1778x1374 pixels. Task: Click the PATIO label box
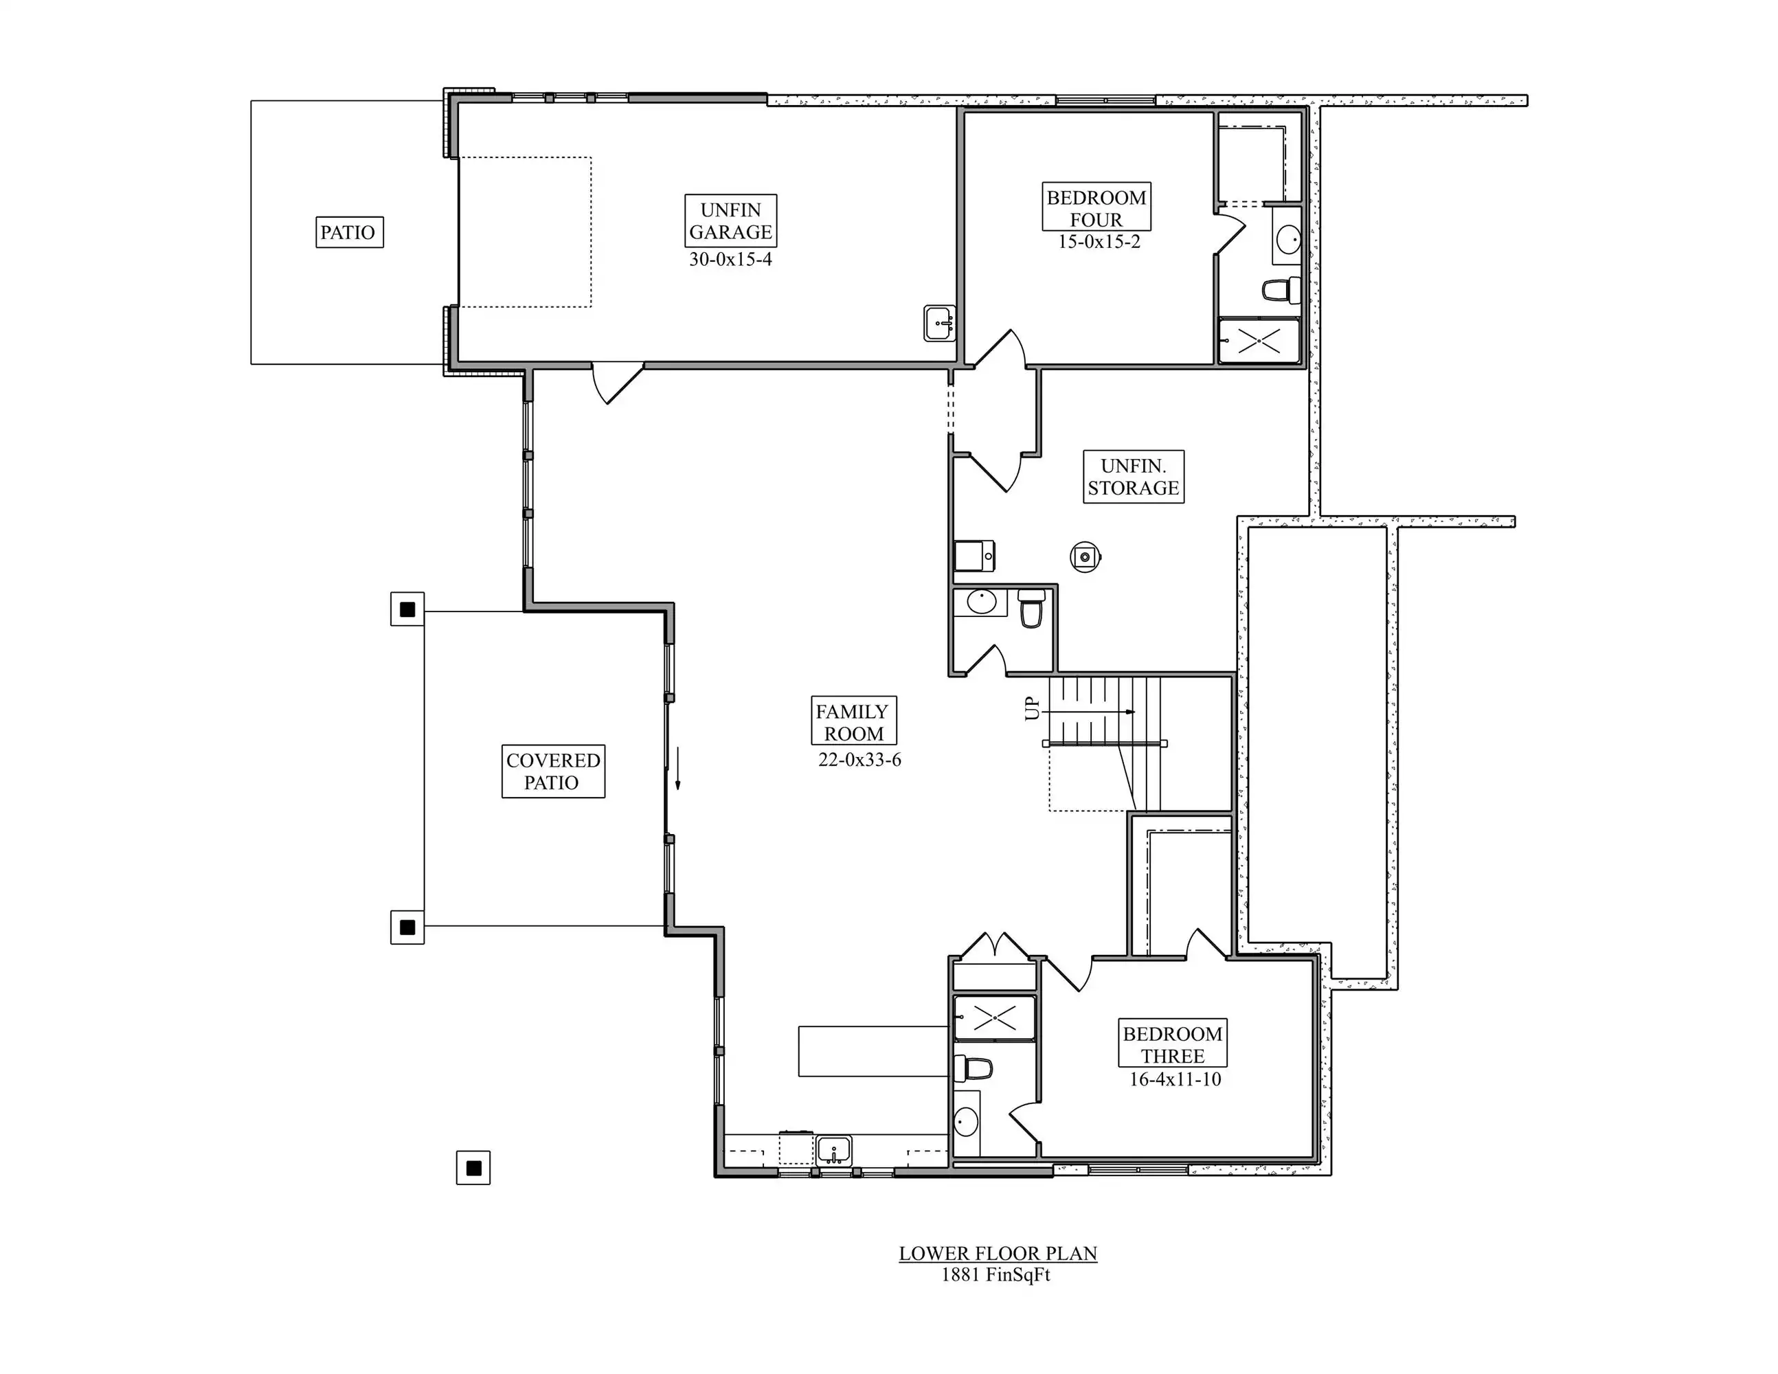[x=349, y=232]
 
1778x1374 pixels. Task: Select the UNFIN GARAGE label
[x=730, y=221]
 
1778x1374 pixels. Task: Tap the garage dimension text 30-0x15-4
[x=730, y=260]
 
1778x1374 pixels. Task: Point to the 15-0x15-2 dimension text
[x=1099, y=242]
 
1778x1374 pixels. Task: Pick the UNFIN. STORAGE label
[x=1133, y=477]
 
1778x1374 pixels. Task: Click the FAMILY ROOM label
[x=853, y=721]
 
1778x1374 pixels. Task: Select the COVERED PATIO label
[x=553, y=771]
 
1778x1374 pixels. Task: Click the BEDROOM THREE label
[x=1172, y=1044]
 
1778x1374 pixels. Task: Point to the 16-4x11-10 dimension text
[x=1175, y=1079]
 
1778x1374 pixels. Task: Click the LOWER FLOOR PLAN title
[x=998, y=1254]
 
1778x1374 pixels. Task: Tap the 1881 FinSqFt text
[x=995, y=1274]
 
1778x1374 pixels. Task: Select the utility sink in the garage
[x=939, y=323]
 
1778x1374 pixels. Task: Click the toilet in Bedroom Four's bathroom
[x=1281, y=290]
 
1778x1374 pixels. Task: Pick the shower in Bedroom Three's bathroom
[x=995, y=1017]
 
